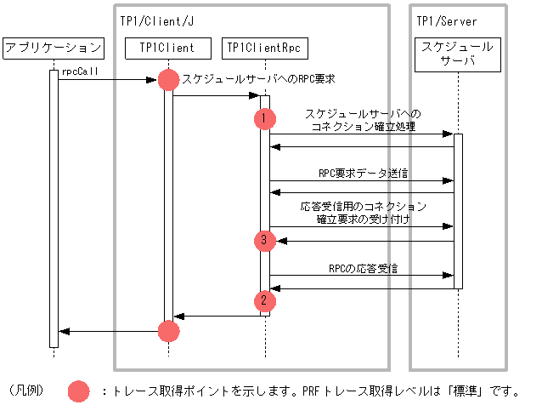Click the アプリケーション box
(x=54, y=48)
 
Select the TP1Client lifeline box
(x=168, y=48)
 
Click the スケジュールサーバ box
(x=457, y=55)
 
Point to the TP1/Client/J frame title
(x=154, y=20)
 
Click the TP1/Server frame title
(x=447, y=20)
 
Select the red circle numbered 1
(x=265, y=119)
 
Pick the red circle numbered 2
(x=265, y=299)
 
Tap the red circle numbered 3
(x=265, y=241)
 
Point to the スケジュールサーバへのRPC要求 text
(x=258, y=78)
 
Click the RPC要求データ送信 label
(x=363, y=173)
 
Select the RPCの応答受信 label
(x=363, y=268)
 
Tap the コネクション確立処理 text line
(x=363, y=126)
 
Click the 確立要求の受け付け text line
(x=363, y=220)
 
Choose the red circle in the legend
(x=79, y=391)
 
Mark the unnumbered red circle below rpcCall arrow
(x=168, y=80)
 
